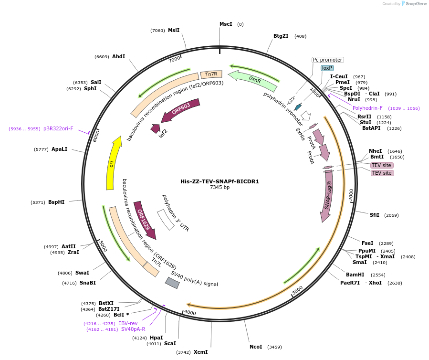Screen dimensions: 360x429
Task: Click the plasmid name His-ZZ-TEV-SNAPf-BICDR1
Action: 220,181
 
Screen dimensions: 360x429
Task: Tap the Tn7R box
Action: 211,74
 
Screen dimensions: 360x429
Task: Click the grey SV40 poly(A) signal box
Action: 172,283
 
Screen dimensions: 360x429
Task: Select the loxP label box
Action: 327,68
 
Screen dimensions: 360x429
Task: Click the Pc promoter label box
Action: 328,60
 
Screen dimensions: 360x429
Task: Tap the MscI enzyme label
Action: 226,24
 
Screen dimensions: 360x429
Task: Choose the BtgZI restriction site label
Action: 281,36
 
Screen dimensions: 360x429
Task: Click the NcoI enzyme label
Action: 256,347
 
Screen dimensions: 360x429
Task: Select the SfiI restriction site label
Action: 375,215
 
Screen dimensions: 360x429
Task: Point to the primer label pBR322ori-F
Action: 58,128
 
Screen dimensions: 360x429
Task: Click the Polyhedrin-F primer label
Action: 367,108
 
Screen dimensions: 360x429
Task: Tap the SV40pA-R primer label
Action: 133,329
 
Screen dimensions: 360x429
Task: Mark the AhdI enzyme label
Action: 118,56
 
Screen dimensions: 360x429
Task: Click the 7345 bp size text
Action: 220,188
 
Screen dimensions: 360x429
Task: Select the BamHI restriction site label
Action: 355,275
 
